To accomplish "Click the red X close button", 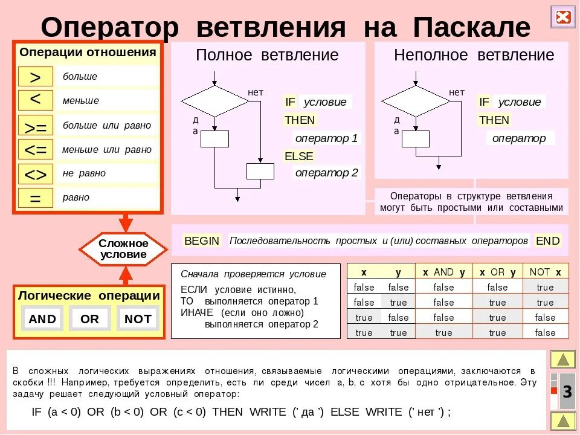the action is [x=563, y=17].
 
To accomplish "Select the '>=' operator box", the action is [x=35, y=126].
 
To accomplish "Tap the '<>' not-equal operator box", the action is [x=35, y=174].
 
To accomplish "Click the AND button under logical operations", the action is [x=42, y=319].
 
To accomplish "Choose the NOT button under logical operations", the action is [x=138, y=319].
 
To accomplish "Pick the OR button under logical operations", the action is [x=89, y=319].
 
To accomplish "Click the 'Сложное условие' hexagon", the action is [x=124, y=249].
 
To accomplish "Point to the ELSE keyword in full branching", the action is [x=299, y=156].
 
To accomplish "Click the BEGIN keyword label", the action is [x=202, y=240].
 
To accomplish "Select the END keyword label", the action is [x=548, y=240].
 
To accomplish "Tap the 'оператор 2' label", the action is [x=326, y=173].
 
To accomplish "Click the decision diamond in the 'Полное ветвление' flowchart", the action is [x=215, y=101].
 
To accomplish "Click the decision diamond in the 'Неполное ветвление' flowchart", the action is [x=416, y=101].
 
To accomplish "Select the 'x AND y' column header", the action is [x=443, y=272].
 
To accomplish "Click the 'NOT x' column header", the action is [x=545, y=272].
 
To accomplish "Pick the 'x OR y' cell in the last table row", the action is [x=497, y=332].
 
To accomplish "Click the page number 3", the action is [x=567, y=392].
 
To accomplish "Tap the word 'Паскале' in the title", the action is [x=472, y=27].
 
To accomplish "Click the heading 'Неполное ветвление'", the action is [x=474, y=55].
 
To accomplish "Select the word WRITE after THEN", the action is [x=266, y=412].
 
